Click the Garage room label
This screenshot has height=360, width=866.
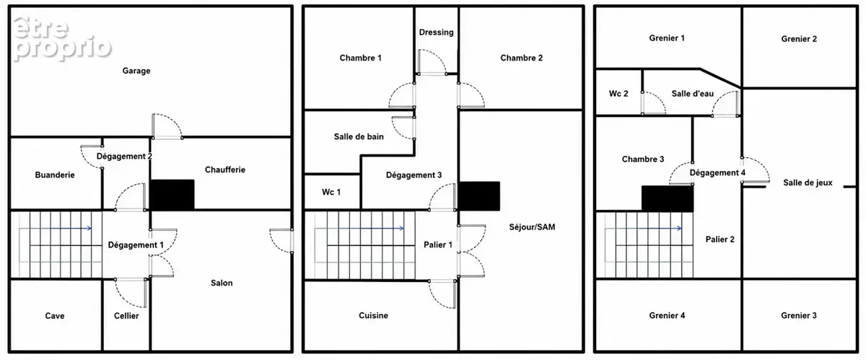(x=136, y=71)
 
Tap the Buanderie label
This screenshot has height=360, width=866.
(x=55, y=175)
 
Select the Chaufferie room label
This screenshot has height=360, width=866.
(x=225, y=170)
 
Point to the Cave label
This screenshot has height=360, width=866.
(x=55, y=315)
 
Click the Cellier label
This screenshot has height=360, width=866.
(x=126, y=315)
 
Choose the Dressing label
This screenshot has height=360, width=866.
(x=437, y=32)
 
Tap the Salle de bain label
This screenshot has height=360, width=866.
(x=359, y=136)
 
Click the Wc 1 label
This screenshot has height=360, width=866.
(x=331, y=192)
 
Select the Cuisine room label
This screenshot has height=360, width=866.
(x=374, y=315)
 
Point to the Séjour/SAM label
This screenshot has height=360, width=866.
(x=532, y=227)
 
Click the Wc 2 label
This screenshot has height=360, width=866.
(x=618, y=94)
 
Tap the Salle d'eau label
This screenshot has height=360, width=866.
(x=692, y=94)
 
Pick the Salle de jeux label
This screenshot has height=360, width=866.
(x=808, y=183)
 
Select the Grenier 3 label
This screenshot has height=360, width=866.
(x=799, y=315)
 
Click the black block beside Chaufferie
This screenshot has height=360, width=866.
(x=172, y=195)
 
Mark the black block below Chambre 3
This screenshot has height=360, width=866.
(x=668, y=198)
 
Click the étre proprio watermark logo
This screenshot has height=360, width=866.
(x=62, y=39)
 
